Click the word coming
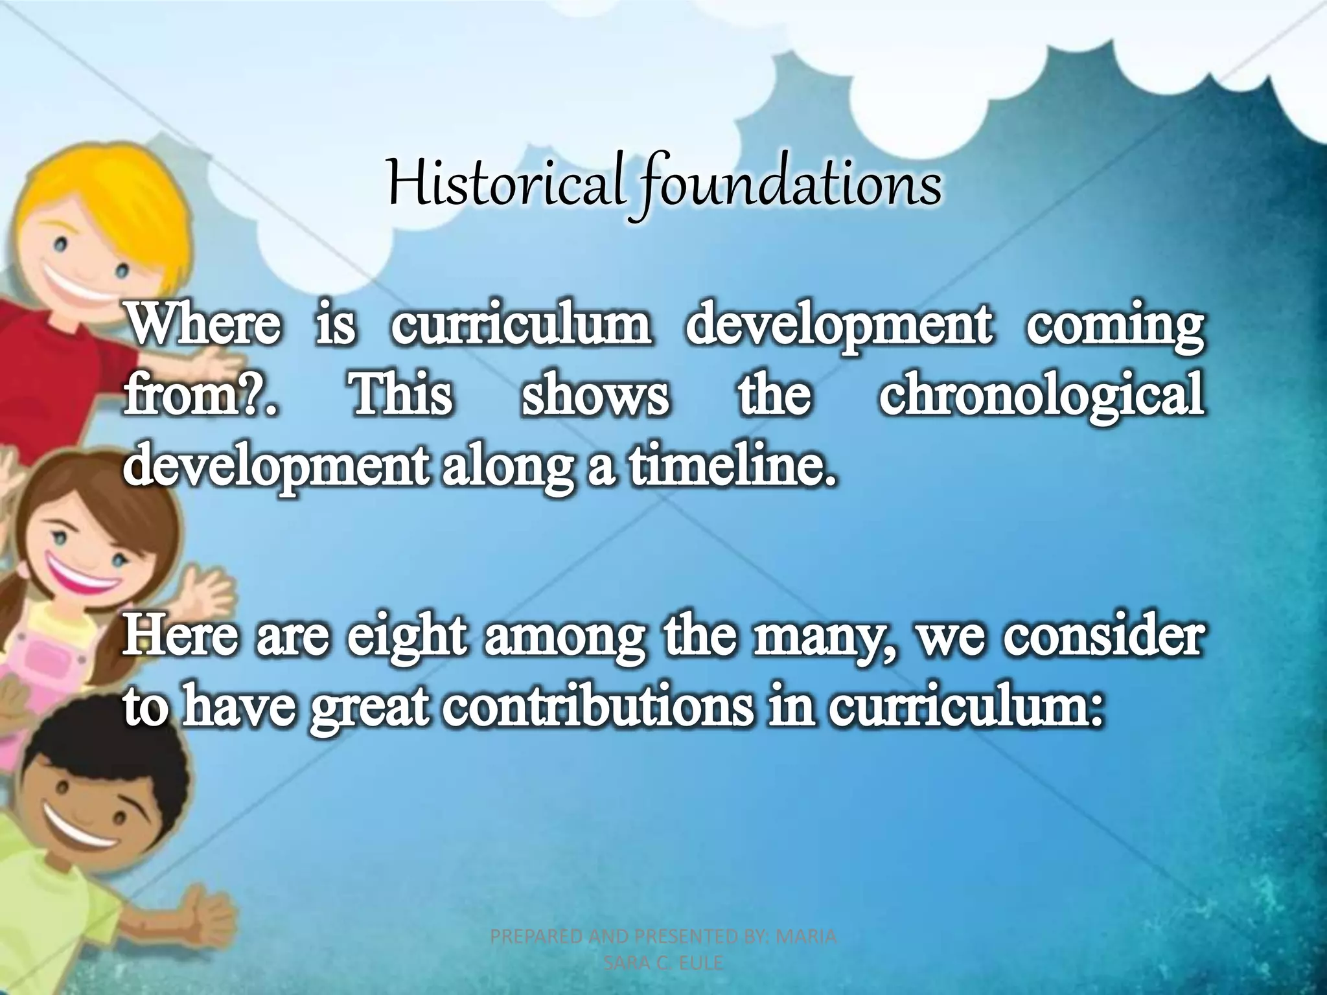(x=1114, y=327)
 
